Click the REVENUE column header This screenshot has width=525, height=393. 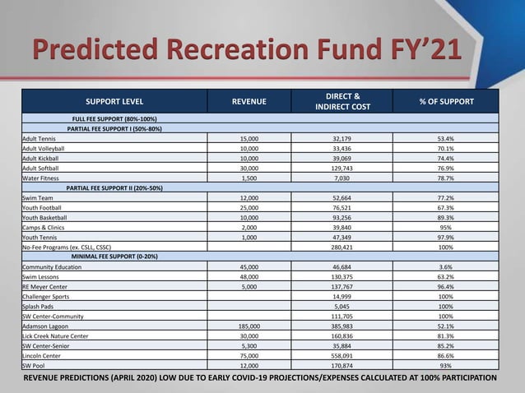249,101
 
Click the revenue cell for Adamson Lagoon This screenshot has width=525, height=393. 249,326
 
